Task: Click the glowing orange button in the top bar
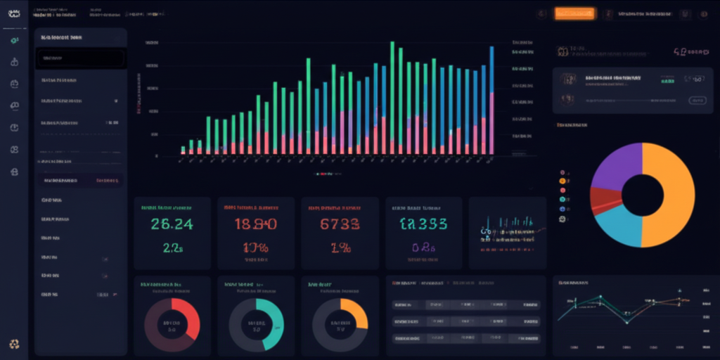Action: [574, 13]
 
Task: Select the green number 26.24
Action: [172, 224]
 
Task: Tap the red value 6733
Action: [340, 224]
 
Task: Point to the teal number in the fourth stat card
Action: [423, 224]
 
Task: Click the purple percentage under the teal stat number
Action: [425, 247]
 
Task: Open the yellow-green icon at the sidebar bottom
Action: [14, 344]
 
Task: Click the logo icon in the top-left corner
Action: [14, 13]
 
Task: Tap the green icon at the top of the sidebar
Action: [14, 41]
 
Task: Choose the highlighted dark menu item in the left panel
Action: [81, 58]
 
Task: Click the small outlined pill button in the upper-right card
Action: [696, 101]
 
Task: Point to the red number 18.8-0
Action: [255, 224]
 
